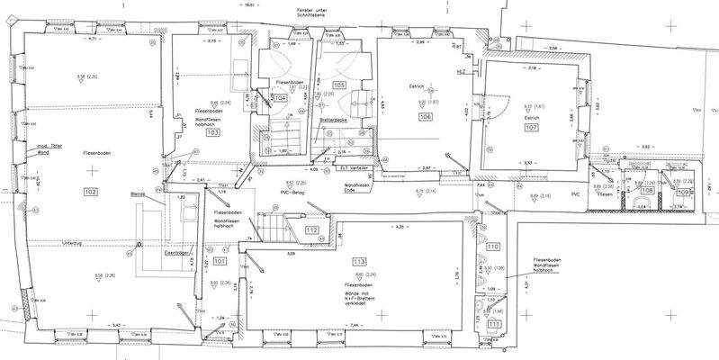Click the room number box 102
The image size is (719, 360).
point(90,192)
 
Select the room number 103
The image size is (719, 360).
point(212,131)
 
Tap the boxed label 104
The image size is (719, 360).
point(281,96)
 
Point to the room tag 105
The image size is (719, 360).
point(338,85)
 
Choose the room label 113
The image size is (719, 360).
point(359,260)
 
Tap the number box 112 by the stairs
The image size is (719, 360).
point(311,231)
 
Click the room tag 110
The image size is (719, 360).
point(492,246)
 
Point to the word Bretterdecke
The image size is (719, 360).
point(334,119)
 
